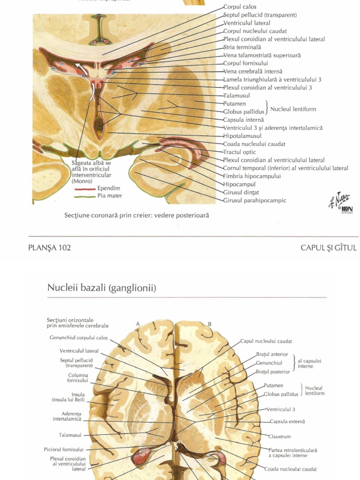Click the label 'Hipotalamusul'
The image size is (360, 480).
242,136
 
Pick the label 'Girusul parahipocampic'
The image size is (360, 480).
255,201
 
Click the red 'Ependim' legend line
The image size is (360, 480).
85,188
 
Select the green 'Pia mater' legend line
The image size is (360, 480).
85,196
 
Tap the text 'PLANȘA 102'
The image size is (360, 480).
50,248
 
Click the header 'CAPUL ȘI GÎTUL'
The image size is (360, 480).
329,248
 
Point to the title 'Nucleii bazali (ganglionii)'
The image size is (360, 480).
102,288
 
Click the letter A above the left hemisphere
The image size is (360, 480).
138,323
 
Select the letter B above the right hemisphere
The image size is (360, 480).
210,323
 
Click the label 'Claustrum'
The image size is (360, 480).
279,436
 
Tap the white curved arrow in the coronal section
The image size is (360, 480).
83,69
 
